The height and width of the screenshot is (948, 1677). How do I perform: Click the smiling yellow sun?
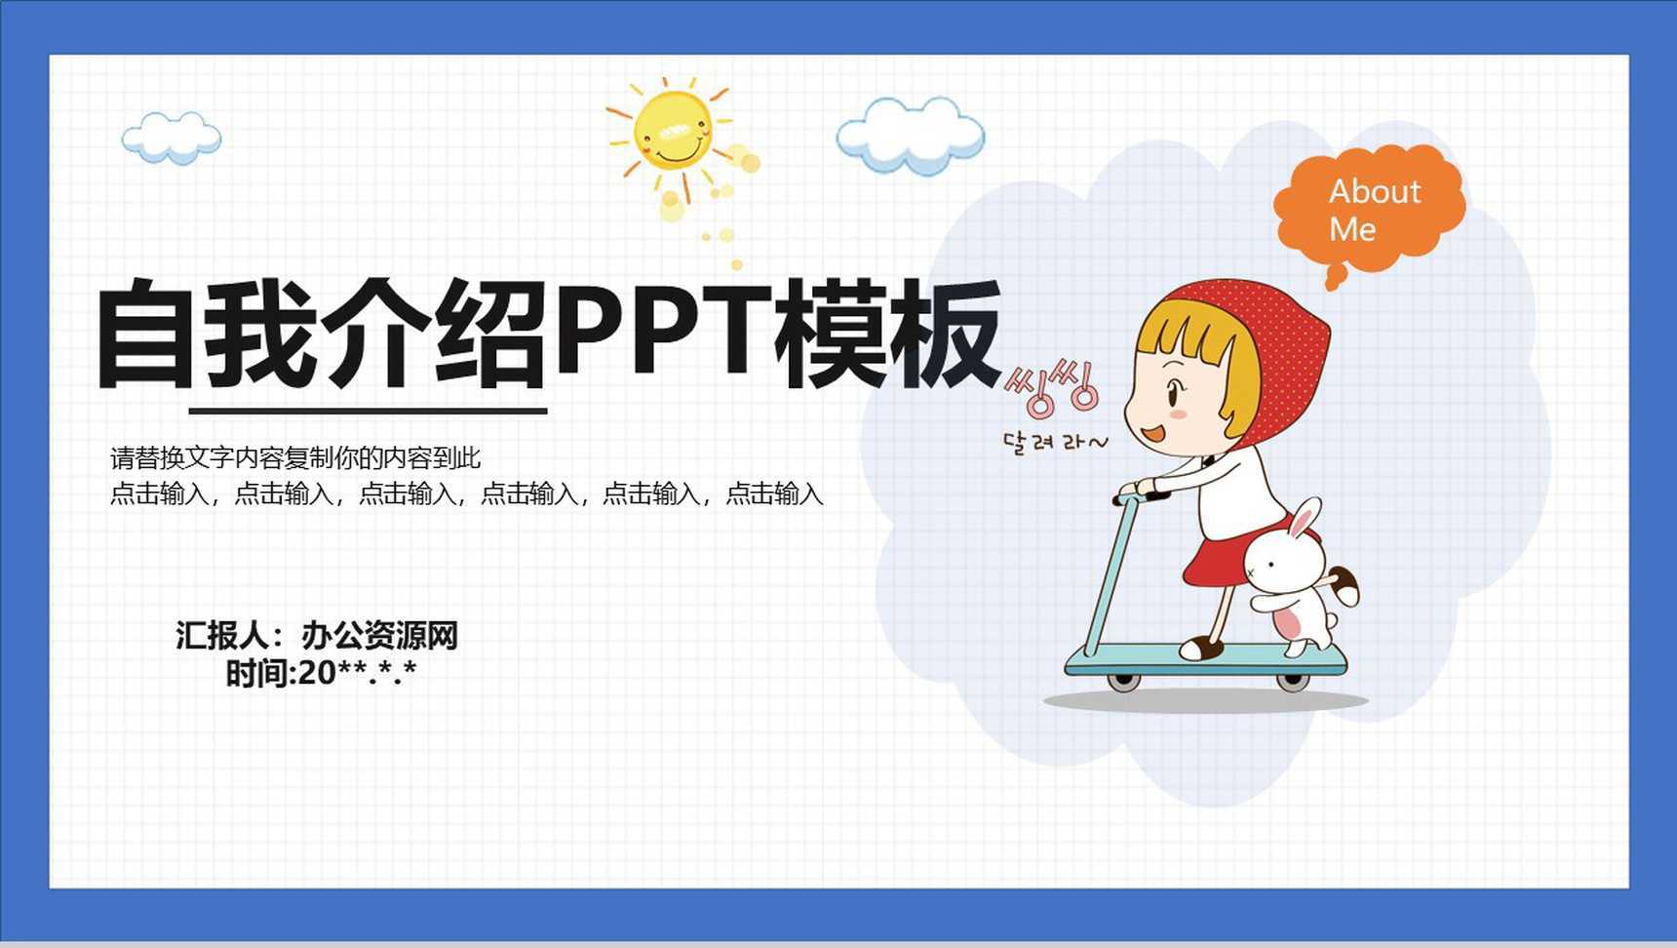(x=672, y=130)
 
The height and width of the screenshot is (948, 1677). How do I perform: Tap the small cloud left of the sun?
(x=172, y=137)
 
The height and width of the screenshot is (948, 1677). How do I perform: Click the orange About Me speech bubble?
(x=1370, y=208)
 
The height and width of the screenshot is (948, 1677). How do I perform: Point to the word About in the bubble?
(x=1375, y=191)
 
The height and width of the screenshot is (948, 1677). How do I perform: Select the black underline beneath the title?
(x=368, y=411)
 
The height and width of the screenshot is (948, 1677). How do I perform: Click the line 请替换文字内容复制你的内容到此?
(x=295, y=457)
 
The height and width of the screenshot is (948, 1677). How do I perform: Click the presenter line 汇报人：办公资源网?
(x=317, y=636)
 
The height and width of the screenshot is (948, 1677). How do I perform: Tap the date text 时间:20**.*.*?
(x=321, y=673)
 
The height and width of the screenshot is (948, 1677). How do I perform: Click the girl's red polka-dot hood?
(x=1277, y=341)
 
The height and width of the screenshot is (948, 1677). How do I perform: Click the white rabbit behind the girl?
(x=1292, y=575)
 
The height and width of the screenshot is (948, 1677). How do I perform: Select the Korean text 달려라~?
(x=1055, y=442)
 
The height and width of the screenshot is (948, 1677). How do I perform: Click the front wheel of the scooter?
(x=1123, y=681)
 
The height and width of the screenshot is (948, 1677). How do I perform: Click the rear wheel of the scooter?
(x=1292, y=681)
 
